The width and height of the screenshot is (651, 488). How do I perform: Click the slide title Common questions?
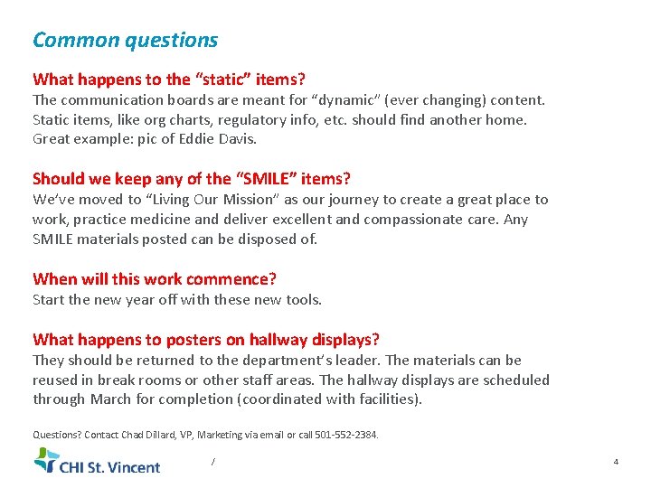[x=125, y=40]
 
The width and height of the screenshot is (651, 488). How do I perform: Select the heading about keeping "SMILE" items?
[x=192, y=179]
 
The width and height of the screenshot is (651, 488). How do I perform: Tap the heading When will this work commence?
[x=155, y=279]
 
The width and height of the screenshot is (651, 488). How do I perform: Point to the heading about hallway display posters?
[x=206, y=340]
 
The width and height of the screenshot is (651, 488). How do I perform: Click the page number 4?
[x=616, y=462]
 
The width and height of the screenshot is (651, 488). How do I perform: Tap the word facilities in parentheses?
[x=387, y=399]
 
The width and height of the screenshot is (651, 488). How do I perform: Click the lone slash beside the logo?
[x=212, y=462]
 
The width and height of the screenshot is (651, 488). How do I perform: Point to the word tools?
[x=302, y=299]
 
